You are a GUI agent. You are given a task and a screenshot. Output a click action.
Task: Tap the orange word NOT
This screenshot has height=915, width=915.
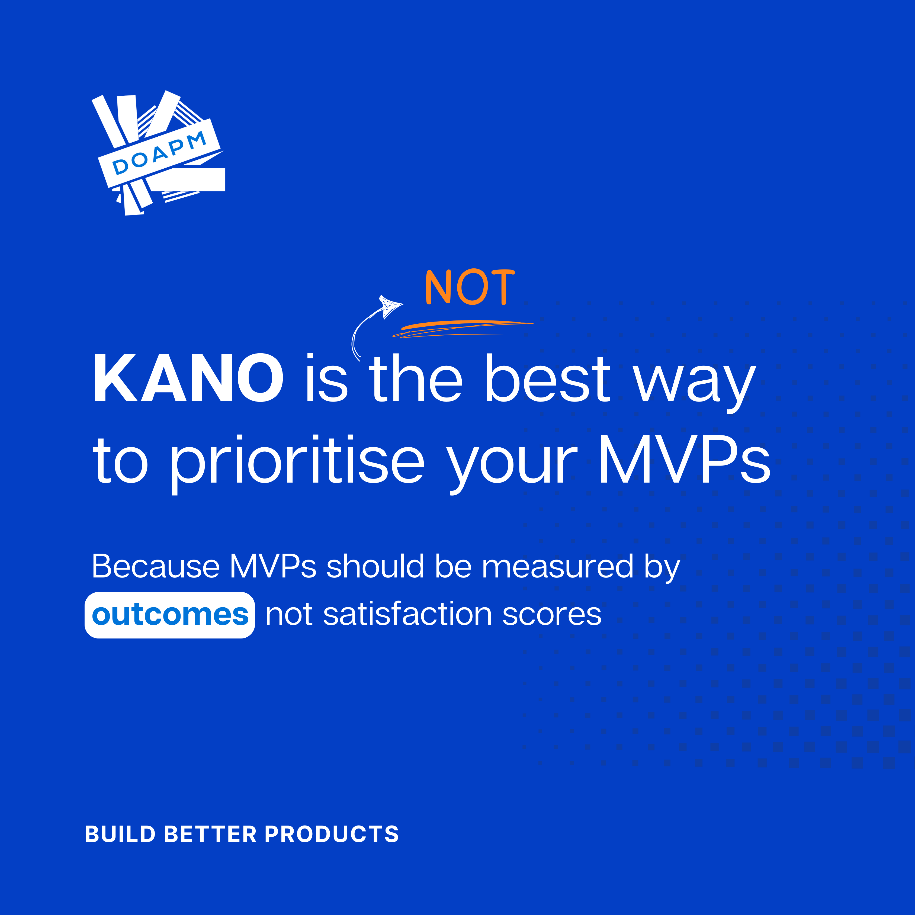[x=470, y=287]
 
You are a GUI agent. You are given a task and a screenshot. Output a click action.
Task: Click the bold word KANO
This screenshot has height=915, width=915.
[x=188, y=378]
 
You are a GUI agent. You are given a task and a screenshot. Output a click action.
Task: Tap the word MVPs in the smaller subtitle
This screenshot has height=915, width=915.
[x=273, y=566]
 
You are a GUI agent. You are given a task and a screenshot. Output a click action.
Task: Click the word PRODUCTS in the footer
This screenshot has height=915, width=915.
[x=332, y=834]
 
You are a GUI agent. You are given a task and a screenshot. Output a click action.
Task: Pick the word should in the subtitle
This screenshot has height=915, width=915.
[x=375, y=566]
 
